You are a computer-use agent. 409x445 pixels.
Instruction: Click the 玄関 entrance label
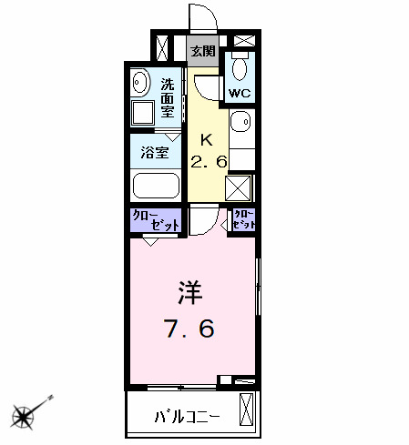(202, 51)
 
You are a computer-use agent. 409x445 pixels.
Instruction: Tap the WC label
(239, 93)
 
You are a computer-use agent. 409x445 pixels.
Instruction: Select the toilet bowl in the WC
(240, 69)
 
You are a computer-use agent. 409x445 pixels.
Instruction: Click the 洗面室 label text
(168, 97)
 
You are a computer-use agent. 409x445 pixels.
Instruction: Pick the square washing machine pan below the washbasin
(142, 113)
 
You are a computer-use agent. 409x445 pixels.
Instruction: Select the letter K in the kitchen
(207, 141)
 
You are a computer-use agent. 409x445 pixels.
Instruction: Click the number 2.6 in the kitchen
(208, 163)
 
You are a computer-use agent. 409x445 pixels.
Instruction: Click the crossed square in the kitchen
(239, 187)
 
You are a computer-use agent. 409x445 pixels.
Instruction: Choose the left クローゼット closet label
(156, 220)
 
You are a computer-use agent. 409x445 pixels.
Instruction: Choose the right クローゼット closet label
(243, 219)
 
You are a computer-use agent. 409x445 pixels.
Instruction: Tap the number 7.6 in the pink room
(191, 328)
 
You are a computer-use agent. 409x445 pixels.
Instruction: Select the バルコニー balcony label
(187, 419)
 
